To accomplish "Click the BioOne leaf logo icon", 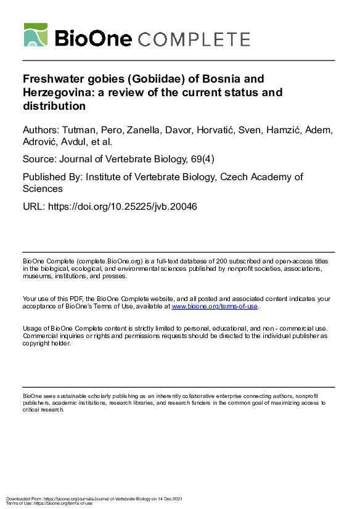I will click(36, 35).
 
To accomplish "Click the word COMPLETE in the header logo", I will click(194, 39).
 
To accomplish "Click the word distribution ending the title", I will click(54, 106).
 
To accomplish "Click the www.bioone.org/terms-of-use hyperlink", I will click(215, 306).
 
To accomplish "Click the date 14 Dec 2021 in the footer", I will click(166, 498).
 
